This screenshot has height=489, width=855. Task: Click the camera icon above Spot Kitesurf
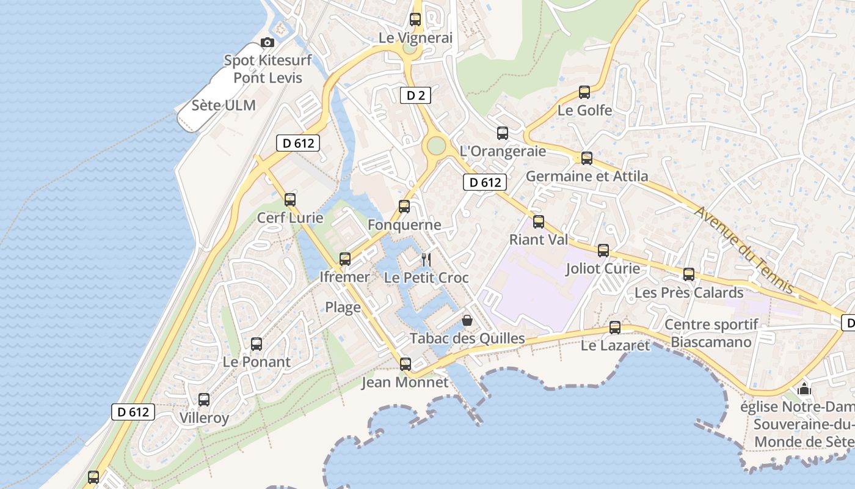pos(267,43)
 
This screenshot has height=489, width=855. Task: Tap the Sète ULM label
pos(224,105)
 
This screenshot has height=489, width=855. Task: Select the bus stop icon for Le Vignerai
pos(415,20)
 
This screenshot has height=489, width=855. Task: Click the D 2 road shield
pos(415,95)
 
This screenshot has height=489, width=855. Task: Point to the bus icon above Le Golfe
pos(584,92)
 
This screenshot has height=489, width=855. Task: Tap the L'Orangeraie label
pos(503,151)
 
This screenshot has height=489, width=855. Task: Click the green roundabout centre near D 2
pos(436,145)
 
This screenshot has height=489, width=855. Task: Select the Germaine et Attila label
pos(587,177)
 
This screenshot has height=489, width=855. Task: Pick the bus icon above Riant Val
pos(538,222)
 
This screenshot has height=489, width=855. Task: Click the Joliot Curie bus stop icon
pos(603,251)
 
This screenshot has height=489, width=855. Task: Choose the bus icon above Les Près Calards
pos(689,274)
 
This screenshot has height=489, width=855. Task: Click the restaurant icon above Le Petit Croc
pos(426,260)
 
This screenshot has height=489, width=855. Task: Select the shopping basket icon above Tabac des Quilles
pos(467,320)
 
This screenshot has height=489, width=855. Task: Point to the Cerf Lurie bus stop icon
pos(290,199)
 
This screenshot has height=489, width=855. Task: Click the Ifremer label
pos(344,277)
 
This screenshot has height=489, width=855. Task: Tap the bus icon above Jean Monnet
pos(405,364)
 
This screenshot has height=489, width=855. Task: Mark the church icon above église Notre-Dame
pos(804,389)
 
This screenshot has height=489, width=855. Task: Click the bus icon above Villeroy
pos(204,400)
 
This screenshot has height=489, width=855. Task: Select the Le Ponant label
pos(256,362)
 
